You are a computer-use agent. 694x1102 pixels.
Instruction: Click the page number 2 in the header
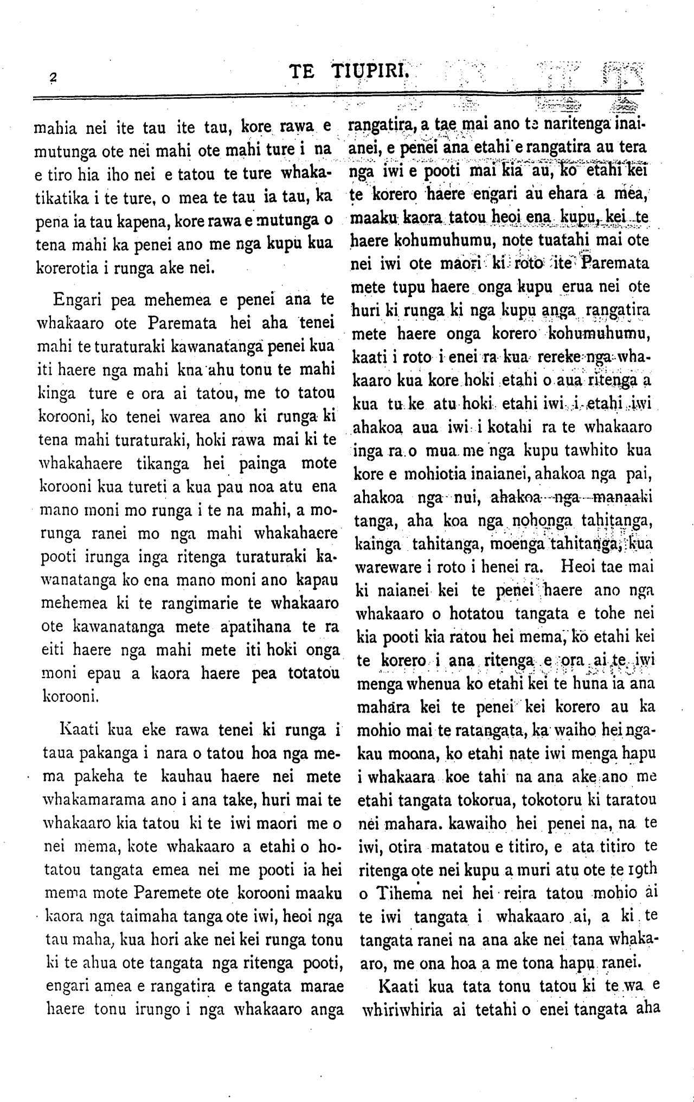(53, 77)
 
